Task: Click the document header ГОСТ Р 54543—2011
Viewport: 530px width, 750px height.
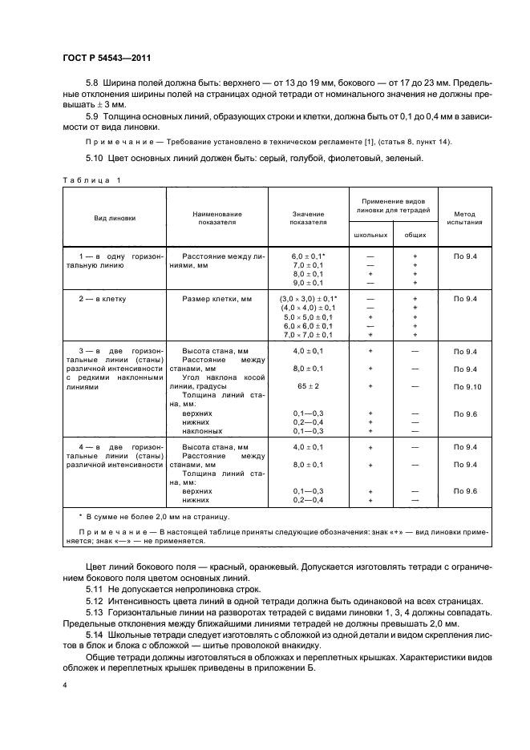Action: coord(107,58)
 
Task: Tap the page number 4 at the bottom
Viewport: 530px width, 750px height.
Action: coord(65,685)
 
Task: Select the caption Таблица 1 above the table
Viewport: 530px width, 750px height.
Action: coord(91,179)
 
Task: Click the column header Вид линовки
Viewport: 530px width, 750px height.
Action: coord(112,217)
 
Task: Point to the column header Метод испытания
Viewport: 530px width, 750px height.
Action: coord(468,217)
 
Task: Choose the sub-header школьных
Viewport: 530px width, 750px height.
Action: coord(370,235)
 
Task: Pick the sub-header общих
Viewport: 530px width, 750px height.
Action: coord(415,235)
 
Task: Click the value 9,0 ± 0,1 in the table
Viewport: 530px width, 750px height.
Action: coord(308,282)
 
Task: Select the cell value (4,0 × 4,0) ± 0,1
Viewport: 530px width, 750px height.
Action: coord(308,308)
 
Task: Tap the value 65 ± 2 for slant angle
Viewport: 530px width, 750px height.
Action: coord(308,386)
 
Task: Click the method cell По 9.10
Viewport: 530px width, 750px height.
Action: coord(468,386)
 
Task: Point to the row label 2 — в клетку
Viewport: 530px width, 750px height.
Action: coord(105,298)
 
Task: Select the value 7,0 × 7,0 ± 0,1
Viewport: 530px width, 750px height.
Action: coord(308,335)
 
